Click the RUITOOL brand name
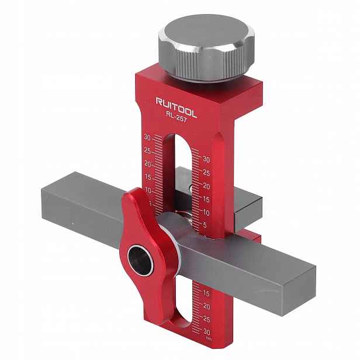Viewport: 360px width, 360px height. click(x=176, y=108)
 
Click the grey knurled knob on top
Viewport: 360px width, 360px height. click(x=207, y=48)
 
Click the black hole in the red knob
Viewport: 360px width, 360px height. click(x=140, y=260)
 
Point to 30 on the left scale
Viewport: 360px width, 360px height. click(x=147, y=137)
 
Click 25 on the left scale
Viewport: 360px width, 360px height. click(x=147, y=151)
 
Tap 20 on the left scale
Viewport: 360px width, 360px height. click(x=148, y=164)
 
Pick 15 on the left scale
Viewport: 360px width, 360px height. click(x=148, y=177)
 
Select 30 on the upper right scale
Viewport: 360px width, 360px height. click(x=206, y=159)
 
